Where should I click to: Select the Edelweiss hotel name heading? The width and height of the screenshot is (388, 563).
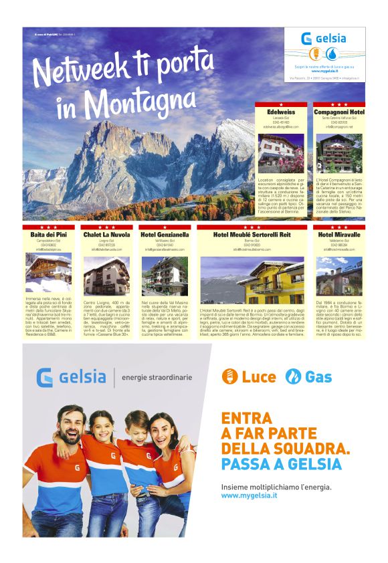tap(281, 112)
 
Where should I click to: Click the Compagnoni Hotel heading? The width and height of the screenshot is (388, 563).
tap(339, 112)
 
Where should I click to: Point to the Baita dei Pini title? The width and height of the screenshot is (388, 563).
tap(48, 235)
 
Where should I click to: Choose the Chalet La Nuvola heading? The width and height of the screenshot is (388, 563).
tap(106, 235)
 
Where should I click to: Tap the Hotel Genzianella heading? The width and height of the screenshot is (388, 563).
tap(165, 235)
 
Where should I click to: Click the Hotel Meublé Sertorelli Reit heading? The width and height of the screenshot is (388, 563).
tap(252, 235)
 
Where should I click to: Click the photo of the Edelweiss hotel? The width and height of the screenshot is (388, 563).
tap(281, 153)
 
